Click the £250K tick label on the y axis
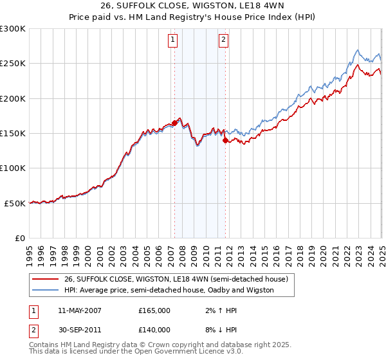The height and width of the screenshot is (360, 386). coord(13,64)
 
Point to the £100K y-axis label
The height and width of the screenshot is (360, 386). coord(13,168)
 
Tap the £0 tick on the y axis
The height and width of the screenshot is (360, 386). coord(20,238)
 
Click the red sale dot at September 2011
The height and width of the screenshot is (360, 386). coord(225,140)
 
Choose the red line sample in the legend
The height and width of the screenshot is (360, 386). coord(46,279)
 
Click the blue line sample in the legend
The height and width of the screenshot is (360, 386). coord(46,290)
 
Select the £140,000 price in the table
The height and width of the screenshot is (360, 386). coord(154,329)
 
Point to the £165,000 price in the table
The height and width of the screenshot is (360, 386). coord(154,310)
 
